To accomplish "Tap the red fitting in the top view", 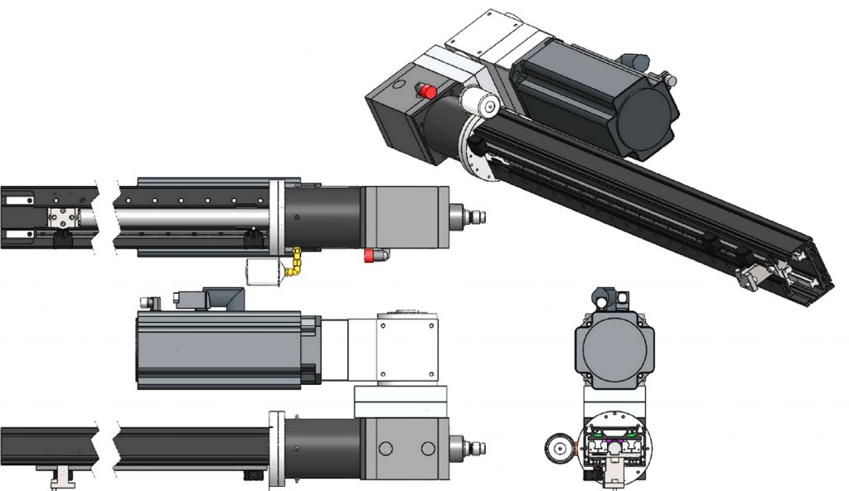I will click(369, 257).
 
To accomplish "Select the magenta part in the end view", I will click(614, 448).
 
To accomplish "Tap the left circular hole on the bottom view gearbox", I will click(384, 448).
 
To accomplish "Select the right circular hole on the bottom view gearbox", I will click(428, 448).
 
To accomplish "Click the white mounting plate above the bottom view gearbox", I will click(401, 401).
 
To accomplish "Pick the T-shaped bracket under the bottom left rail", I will click(61, 477).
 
